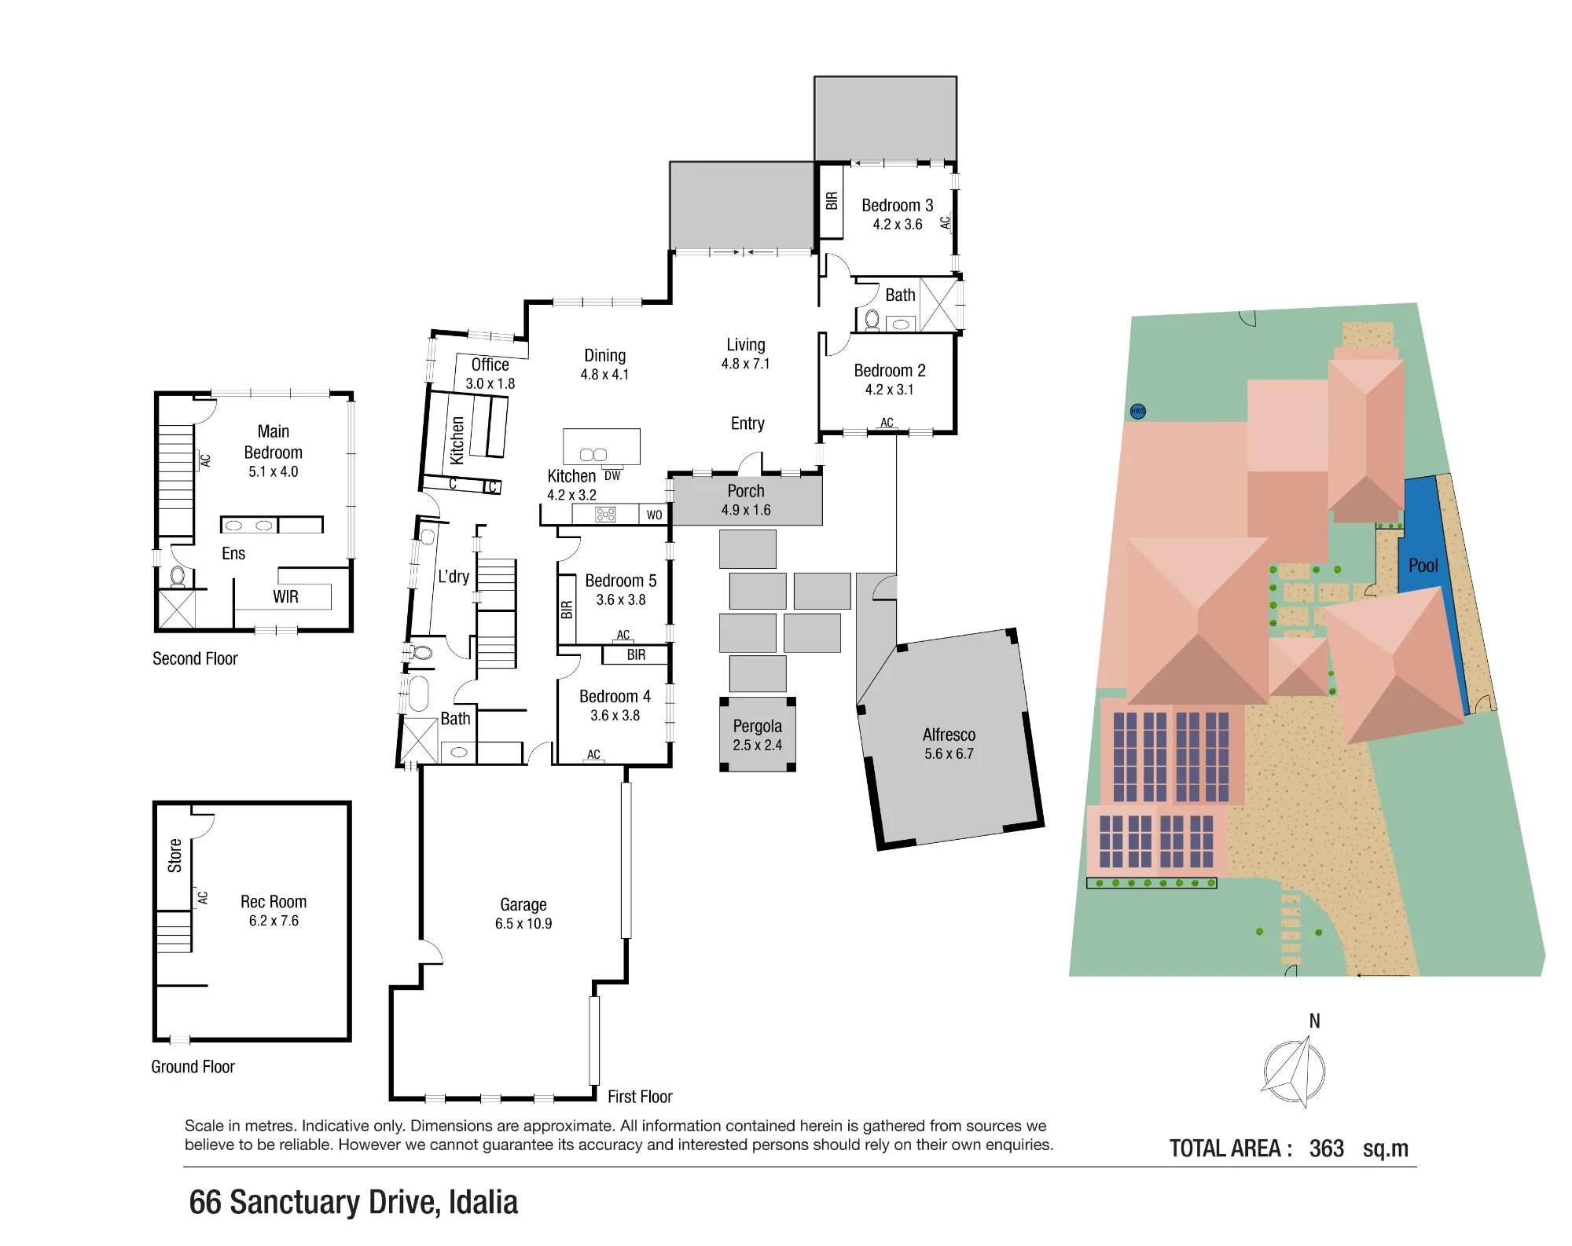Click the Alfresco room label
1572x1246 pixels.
point(949,735)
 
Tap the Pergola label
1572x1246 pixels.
point(757,726)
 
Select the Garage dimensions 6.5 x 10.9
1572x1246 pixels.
point(523,924)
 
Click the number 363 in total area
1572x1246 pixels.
point(1327,1149)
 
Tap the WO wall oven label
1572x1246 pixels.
point(654,515)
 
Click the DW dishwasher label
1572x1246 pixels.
point(612,476)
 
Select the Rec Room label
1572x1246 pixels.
point(274,901)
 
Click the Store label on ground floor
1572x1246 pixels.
point(174,856)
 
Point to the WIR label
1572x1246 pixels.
point(285,597)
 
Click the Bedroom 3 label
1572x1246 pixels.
point(897,205)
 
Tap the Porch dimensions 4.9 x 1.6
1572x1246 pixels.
point(746,510)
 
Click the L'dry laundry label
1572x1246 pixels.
point(454,577)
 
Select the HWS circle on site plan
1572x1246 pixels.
point(1137,411)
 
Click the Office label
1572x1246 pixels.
point(490,365)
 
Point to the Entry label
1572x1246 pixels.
point(747,423)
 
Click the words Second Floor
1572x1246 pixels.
point(195,658)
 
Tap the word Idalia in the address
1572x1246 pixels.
point(483,1202)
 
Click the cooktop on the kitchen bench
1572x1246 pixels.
point(605,515)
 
